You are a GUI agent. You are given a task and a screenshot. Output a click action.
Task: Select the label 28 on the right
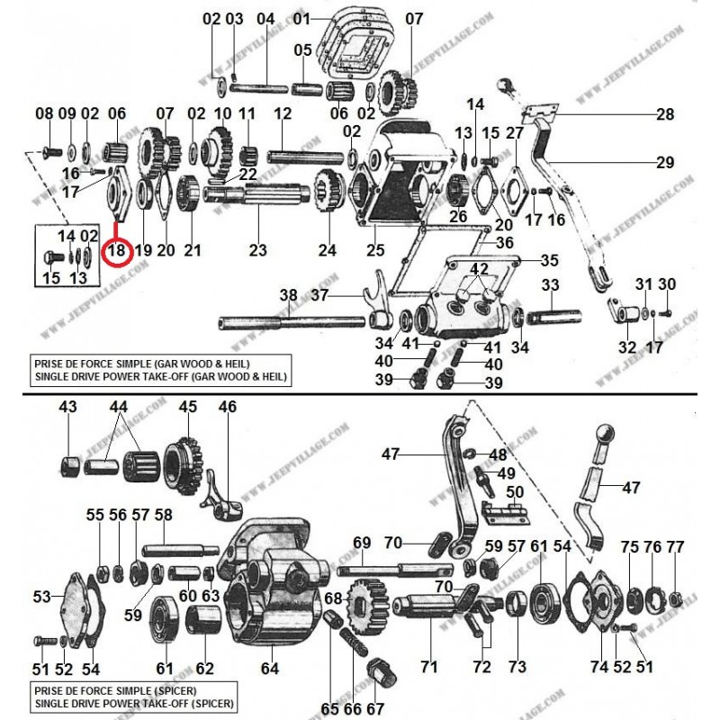tap(664, 114)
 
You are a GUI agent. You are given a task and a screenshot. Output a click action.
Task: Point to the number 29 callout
tap(664, 162)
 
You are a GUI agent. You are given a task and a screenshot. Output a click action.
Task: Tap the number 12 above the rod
tap(283, 114)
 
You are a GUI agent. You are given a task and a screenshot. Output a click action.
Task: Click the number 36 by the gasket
tap(505, 242)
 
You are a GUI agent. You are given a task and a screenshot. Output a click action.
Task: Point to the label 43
tap(68, 409)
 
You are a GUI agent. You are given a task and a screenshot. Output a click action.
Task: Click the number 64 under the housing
tap(269, 668)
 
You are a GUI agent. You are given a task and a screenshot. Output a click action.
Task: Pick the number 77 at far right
tap(675, 546)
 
